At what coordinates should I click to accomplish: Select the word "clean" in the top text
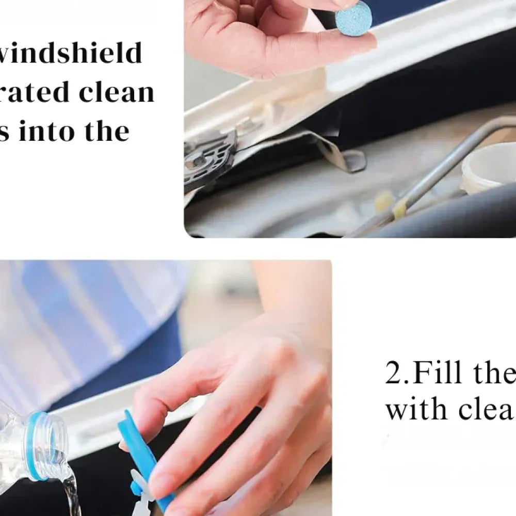point(117,92)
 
